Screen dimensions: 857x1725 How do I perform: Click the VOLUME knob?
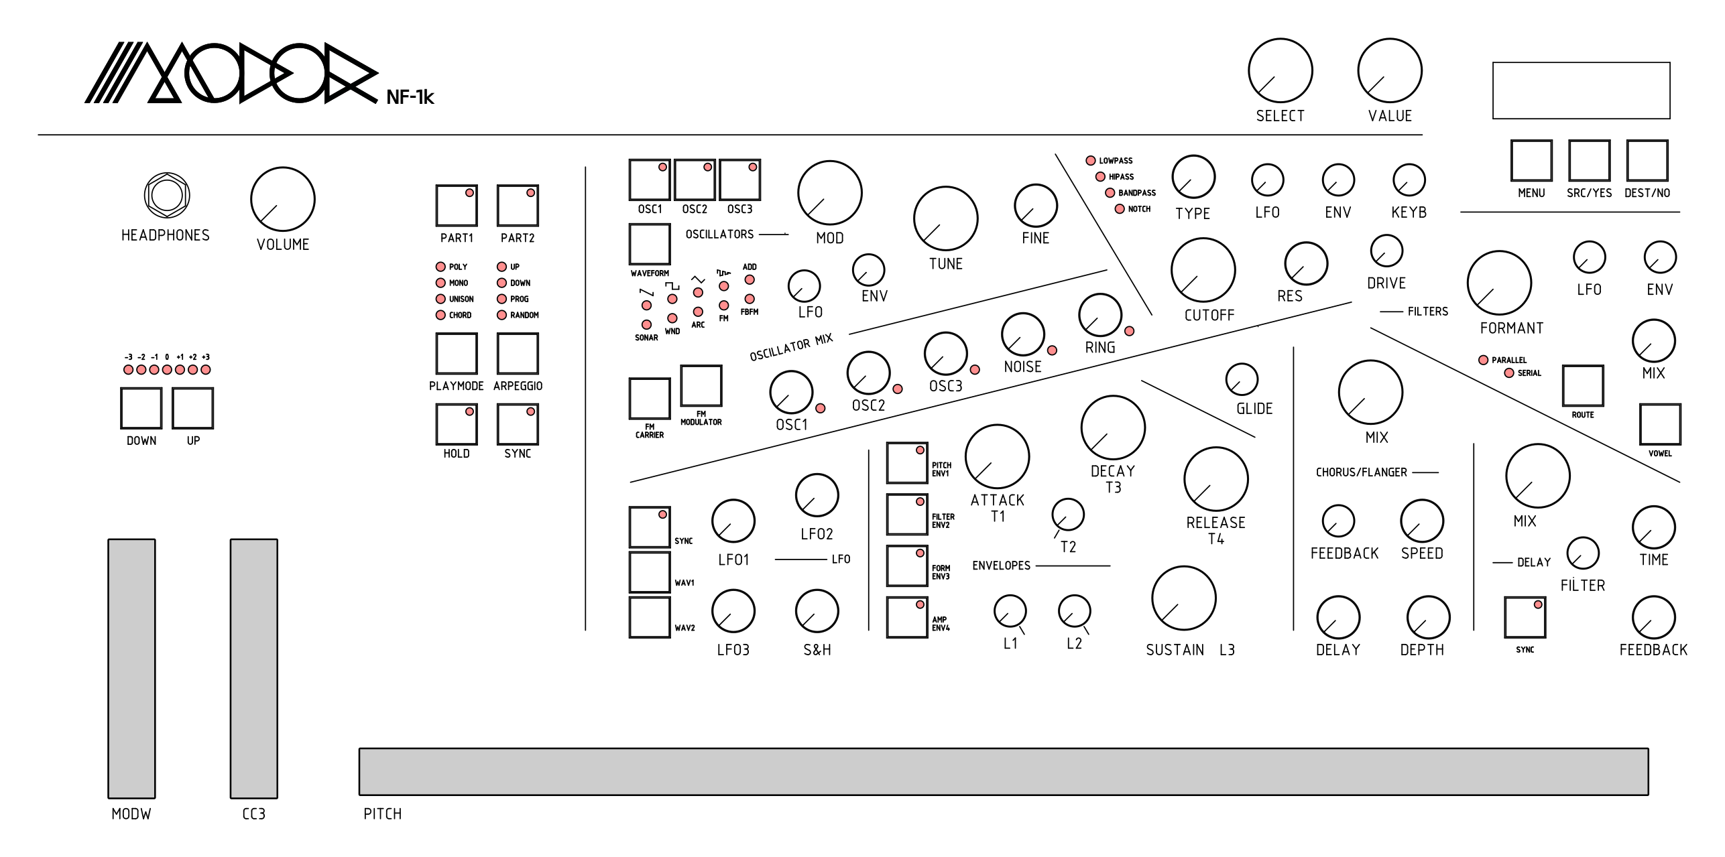coord(282,199)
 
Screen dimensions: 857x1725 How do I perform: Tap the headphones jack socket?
coord(167,196)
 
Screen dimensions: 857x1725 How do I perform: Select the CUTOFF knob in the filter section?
coord(1203,270)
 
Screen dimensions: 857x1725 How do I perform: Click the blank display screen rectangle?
coord(1580,90)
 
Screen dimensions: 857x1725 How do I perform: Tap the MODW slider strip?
coord(131,668)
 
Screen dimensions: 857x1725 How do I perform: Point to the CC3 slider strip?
coord(253,668)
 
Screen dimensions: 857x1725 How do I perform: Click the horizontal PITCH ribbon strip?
coord(1003,771)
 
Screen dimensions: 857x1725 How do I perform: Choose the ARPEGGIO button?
coord(517,353)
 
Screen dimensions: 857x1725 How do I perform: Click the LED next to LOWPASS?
coord(1090,161)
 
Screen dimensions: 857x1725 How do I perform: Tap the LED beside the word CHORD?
coord(440,315)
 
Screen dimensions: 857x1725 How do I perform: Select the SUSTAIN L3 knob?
coord(1183,598)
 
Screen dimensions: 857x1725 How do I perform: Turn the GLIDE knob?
coord(1242,379)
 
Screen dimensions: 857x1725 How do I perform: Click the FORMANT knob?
coord(1498,283)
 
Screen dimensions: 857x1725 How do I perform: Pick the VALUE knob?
coord(1389,70)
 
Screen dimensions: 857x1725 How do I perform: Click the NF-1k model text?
coord(410,98)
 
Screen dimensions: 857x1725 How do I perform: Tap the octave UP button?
coord(192,408)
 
